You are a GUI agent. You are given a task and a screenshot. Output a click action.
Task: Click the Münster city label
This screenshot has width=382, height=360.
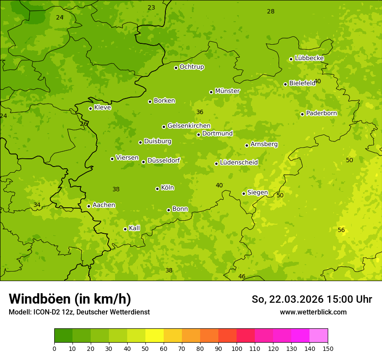coord(227,91)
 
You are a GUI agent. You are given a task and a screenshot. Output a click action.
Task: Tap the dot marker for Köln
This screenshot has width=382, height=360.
coord(157,189)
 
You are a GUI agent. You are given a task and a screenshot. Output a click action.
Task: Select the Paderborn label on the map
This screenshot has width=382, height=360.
coord(321,113)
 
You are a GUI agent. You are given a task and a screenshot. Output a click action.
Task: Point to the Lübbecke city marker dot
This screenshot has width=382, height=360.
coord(291,59)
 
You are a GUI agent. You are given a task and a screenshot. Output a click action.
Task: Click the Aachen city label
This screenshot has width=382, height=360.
coord(104,205)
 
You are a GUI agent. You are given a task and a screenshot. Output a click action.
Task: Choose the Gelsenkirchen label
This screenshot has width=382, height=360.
coord(189,126)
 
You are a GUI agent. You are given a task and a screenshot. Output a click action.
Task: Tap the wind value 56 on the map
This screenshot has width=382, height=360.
coord(341,230)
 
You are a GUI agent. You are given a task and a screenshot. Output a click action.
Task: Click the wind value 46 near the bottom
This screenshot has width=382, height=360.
coord(242,276)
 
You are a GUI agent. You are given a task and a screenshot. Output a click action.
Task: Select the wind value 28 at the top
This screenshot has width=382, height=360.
coord(270,11)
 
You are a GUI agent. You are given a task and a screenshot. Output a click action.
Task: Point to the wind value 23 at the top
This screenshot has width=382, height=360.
coord(151,7)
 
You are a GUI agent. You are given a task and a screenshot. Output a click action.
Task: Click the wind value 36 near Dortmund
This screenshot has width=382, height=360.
coord(200,112)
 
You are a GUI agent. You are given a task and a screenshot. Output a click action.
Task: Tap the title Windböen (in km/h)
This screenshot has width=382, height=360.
coord(70,299)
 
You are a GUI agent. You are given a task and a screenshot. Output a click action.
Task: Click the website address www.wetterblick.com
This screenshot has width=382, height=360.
coord(313,312)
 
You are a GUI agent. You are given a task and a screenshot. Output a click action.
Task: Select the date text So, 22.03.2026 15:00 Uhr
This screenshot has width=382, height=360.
coord(312,299)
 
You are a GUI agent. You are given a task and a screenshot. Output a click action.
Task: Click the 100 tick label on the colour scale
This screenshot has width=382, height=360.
coord(237,348)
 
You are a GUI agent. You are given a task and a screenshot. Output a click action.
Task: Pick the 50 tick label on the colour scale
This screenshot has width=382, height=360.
coord(145,348)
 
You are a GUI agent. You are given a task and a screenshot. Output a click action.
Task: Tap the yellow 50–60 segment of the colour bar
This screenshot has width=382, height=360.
coord(155,336)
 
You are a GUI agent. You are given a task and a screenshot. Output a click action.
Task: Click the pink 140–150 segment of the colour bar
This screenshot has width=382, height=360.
coord(319,336)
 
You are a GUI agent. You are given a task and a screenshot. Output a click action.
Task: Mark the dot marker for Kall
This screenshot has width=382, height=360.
coord(125,229)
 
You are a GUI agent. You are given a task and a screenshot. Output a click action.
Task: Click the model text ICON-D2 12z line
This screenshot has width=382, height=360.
coord(79,312)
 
